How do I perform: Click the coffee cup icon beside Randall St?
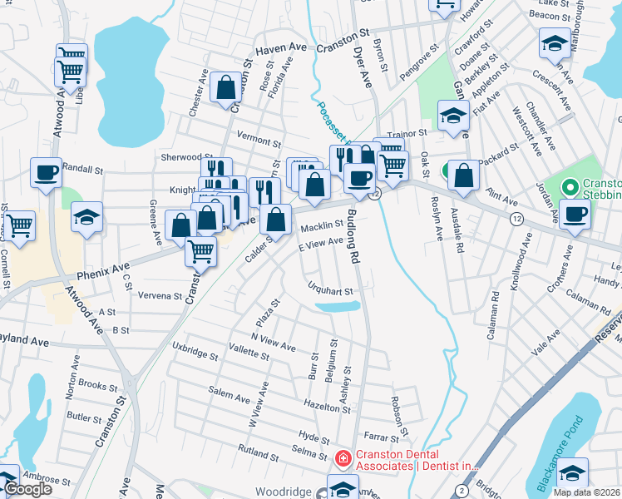coord(46,173)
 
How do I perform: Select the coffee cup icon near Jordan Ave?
coord(575,214)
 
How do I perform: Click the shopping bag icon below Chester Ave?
coord(225,86)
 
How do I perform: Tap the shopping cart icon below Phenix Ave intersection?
coord(200,250)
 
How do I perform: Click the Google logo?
coord(27,489)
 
